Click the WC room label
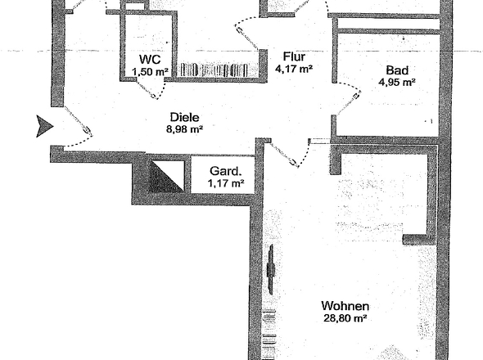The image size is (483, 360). [x=150, y=59]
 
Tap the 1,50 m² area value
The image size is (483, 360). [x=150, y=72]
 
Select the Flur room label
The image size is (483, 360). [x=294, y=56]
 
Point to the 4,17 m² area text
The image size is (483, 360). [x=294, y=69]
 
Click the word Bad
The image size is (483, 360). [x=397, y=70]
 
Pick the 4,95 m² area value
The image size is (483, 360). [x=397, y=82]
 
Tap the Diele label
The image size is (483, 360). [x=184, y=117]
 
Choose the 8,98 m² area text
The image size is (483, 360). [x=184, y=129]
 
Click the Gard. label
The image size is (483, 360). [x=225, y=171]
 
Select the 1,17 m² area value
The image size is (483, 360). [x=226, y=183]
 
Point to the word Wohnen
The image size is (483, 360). [x=345, y=306]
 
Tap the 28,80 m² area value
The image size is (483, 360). [x=345, y=318]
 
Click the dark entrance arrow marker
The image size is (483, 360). [x=44, y=126]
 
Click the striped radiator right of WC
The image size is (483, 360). [x=214, y=70]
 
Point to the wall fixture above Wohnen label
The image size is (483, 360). [x=271, y=270]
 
